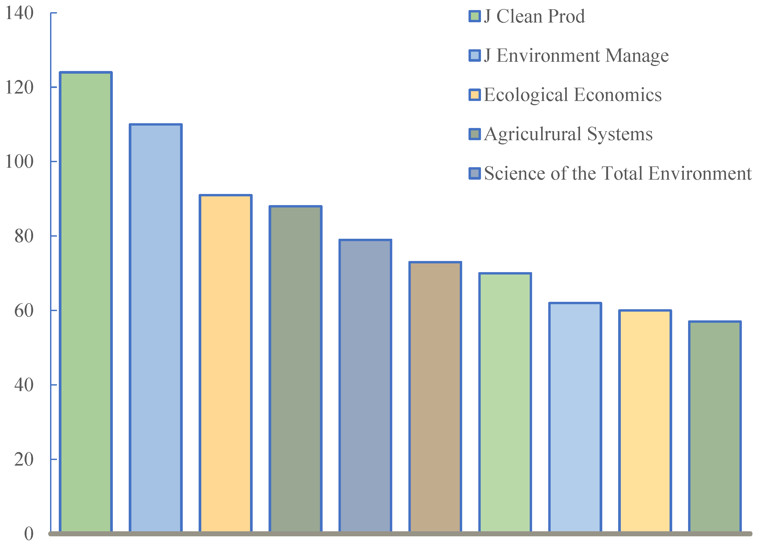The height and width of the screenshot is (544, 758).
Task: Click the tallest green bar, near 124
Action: coord(86,301)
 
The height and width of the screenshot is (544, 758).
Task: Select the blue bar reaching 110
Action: coord(156,328)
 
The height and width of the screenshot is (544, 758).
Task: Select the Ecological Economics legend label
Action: coord(573,95)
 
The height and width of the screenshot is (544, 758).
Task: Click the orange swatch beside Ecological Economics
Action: coord(475,95)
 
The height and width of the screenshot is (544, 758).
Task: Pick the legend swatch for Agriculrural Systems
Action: coord(475,134)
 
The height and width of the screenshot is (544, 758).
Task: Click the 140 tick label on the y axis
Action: coord(20,13)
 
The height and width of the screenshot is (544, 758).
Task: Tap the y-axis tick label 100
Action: coord(20,162)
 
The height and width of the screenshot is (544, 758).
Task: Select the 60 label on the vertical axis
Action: coord(24,311)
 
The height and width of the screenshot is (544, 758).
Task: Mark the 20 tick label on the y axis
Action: coord(24,459)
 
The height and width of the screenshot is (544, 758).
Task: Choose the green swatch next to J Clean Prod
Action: coord(475,16)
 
